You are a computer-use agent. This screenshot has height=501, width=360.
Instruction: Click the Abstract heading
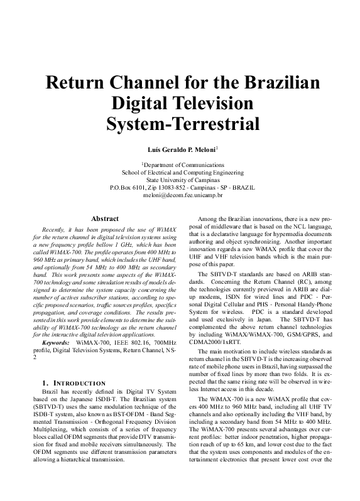point(105,218)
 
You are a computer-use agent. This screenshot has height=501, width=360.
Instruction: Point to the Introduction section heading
point(69,382)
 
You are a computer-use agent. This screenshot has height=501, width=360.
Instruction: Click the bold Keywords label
point(55,343)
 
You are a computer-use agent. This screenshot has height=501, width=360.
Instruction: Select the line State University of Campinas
point(180,179)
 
